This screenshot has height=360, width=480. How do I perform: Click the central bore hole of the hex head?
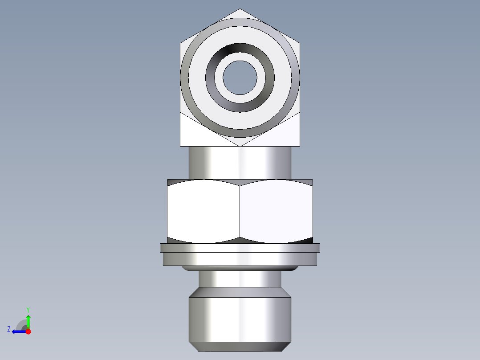(x=240, y=78)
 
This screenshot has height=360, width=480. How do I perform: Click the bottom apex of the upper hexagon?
(x=240, y=145)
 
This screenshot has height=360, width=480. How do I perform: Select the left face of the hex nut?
(x=203, y=212)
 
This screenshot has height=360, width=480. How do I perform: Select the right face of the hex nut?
(x=276, y=212)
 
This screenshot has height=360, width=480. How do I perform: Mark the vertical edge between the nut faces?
(x=240, y=212)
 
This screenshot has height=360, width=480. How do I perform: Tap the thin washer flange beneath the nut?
(x=240, y=248)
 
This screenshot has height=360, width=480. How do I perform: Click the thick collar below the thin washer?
(x=240, y=259)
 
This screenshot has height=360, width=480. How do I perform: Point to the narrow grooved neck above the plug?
(x=240, y=279)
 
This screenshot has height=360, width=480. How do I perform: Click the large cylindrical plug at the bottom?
(x=240, y=319)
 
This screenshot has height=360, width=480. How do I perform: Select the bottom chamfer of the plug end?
(x=240, y=347)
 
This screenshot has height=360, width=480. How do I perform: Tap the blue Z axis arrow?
(x=18, y=331)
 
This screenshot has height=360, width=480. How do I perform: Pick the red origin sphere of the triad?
(x=28, y=331)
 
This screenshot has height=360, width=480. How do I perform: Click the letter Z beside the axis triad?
(x=9, y=329)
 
